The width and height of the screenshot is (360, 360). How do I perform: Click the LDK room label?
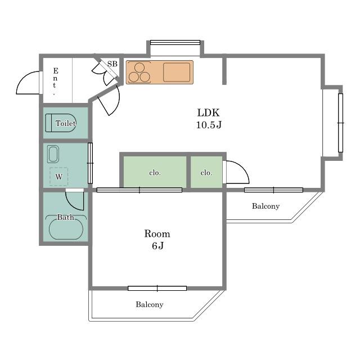209,112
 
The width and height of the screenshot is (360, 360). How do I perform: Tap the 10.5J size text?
209,125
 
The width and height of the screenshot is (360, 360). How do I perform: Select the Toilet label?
66,123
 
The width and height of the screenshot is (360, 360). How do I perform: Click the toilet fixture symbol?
61,123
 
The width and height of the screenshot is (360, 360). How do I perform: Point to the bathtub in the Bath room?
66,229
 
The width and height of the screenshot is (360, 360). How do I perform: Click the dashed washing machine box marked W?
58,177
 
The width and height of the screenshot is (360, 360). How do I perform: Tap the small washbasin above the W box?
53,154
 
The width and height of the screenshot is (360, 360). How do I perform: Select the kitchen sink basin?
177,72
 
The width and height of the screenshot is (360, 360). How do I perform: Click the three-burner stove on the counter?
139,73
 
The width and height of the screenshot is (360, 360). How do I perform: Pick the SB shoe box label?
112,64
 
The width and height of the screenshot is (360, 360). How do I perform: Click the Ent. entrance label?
55,81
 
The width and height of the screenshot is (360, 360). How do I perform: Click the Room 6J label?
157,240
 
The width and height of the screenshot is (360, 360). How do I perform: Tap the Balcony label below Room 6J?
150,304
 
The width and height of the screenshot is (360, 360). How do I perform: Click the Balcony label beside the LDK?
265,206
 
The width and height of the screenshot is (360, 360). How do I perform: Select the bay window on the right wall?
340,123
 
